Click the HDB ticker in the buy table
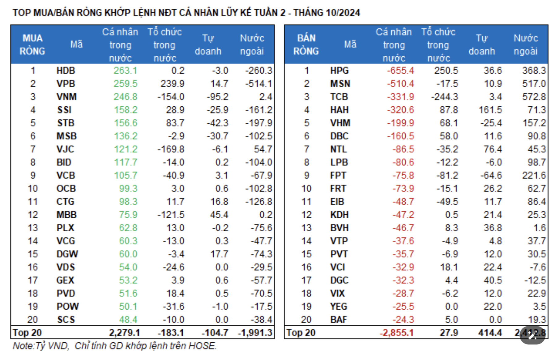coord(66,71)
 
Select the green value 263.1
coord(125,71)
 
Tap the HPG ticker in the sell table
coord(339,71)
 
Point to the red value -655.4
coord(400,71)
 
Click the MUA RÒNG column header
coord(32,45)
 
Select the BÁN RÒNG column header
coord(306,45)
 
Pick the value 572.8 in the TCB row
coord(534,97)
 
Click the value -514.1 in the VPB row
coord(258,84)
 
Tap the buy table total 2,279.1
coord(124,333)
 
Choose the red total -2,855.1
coord(396,333)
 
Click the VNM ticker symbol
coord(66,97)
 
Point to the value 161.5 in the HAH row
coord(490,110)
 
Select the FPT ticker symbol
coord(338,175)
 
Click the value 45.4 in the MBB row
coord(219,215)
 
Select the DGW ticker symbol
coord(67,254)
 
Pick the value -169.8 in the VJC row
coord(171,149)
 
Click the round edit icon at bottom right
coord(532,335)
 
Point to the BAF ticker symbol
coord(339,319)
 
